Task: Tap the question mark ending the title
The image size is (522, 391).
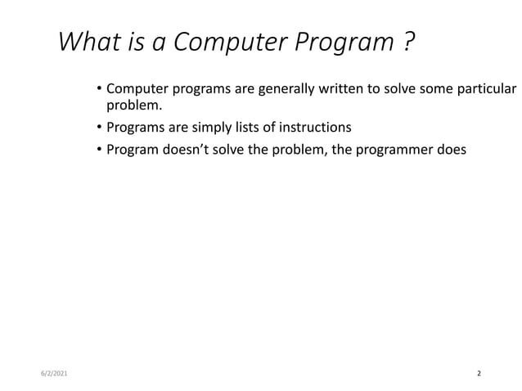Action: pos(407,41)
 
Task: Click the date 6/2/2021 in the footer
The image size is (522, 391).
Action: pos(55,373)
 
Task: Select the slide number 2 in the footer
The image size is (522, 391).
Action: pos(479,373)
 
